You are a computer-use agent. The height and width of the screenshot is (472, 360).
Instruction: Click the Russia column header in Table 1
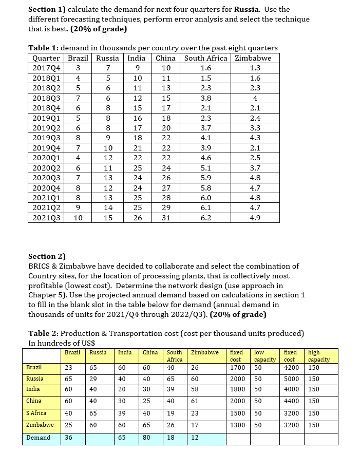(107, 58)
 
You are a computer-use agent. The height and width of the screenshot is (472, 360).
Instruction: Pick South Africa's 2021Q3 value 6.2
(205, 217)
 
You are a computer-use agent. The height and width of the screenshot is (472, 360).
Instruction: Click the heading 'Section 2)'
(47, 256)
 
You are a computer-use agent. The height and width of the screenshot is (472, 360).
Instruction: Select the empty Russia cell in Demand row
(100, 438)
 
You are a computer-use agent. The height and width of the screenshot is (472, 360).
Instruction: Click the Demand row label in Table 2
(39, 438)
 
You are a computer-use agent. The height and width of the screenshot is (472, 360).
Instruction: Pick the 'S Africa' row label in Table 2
(36, 413)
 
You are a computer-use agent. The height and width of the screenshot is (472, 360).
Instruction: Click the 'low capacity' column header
(265, 356)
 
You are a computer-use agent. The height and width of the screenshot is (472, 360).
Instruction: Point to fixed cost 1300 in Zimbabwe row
(238, 425)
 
